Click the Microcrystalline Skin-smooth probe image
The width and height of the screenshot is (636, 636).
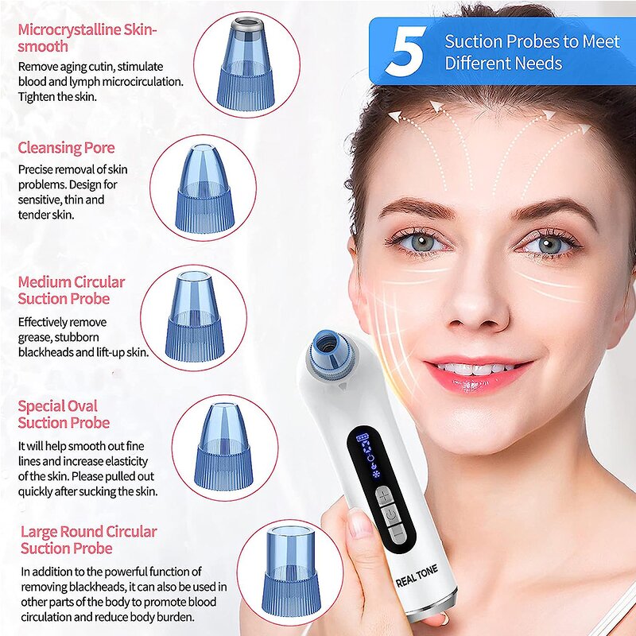pos(246,64)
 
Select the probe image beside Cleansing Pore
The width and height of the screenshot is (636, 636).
pos(203,188)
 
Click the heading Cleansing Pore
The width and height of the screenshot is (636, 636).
pos(66,147)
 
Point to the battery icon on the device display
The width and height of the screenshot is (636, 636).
pos(364,438)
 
